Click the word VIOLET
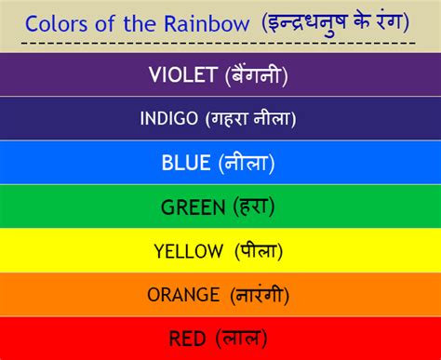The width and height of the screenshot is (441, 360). pyautogui.click(x=182, y=76)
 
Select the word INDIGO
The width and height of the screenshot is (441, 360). pyautogui.click(x=168, y=119)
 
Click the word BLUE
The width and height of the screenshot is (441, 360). pyautogui.click(x=186, y=164)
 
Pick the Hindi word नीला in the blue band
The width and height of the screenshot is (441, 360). pyautogui.click(x=247, y=164)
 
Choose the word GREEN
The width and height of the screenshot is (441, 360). pyautogui.click(x=193, y=207)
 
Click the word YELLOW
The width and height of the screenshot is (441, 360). pyautogui.click(x=189, y=251)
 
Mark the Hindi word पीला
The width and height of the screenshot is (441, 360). pyautogui.click(x=258, y=251)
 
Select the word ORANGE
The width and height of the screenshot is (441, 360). pyautogui.click(x=182, y=295)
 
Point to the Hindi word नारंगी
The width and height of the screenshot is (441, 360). pyautogui.click(x=257, y=295)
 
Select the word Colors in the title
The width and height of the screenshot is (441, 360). pyautogui.click(x=55, y=20)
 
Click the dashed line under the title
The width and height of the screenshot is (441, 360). pyautogui.click(x=219, y=43)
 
